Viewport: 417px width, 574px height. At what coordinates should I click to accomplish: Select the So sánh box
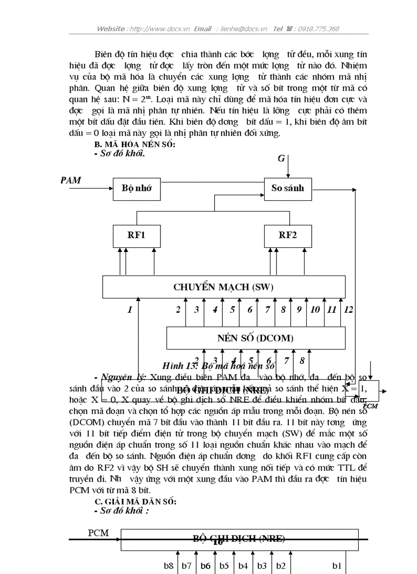287,189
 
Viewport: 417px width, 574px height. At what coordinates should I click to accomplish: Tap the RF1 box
136,236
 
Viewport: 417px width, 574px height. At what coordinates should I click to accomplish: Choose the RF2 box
287,236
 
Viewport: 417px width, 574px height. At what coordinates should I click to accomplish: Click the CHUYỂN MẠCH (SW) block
223,287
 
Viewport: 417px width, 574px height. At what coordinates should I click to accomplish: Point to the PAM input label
71,179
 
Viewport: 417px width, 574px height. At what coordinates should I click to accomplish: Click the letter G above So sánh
281,158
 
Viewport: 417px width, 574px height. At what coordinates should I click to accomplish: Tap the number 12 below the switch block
348,309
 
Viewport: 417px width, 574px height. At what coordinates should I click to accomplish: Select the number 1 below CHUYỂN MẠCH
130,309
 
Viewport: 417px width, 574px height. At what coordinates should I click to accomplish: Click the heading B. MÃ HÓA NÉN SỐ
138,145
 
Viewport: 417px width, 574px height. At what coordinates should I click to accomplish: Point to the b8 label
169,565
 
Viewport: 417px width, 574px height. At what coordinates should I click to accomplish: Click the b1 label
337,565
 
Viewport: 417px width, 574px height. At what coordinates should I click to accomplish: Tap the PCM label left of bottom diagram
98,533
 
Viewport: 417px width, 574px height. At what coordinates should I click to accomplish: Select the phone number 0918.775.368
319,29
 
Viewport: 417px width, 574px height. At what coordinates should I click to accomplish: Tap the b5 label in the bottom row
224,565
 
